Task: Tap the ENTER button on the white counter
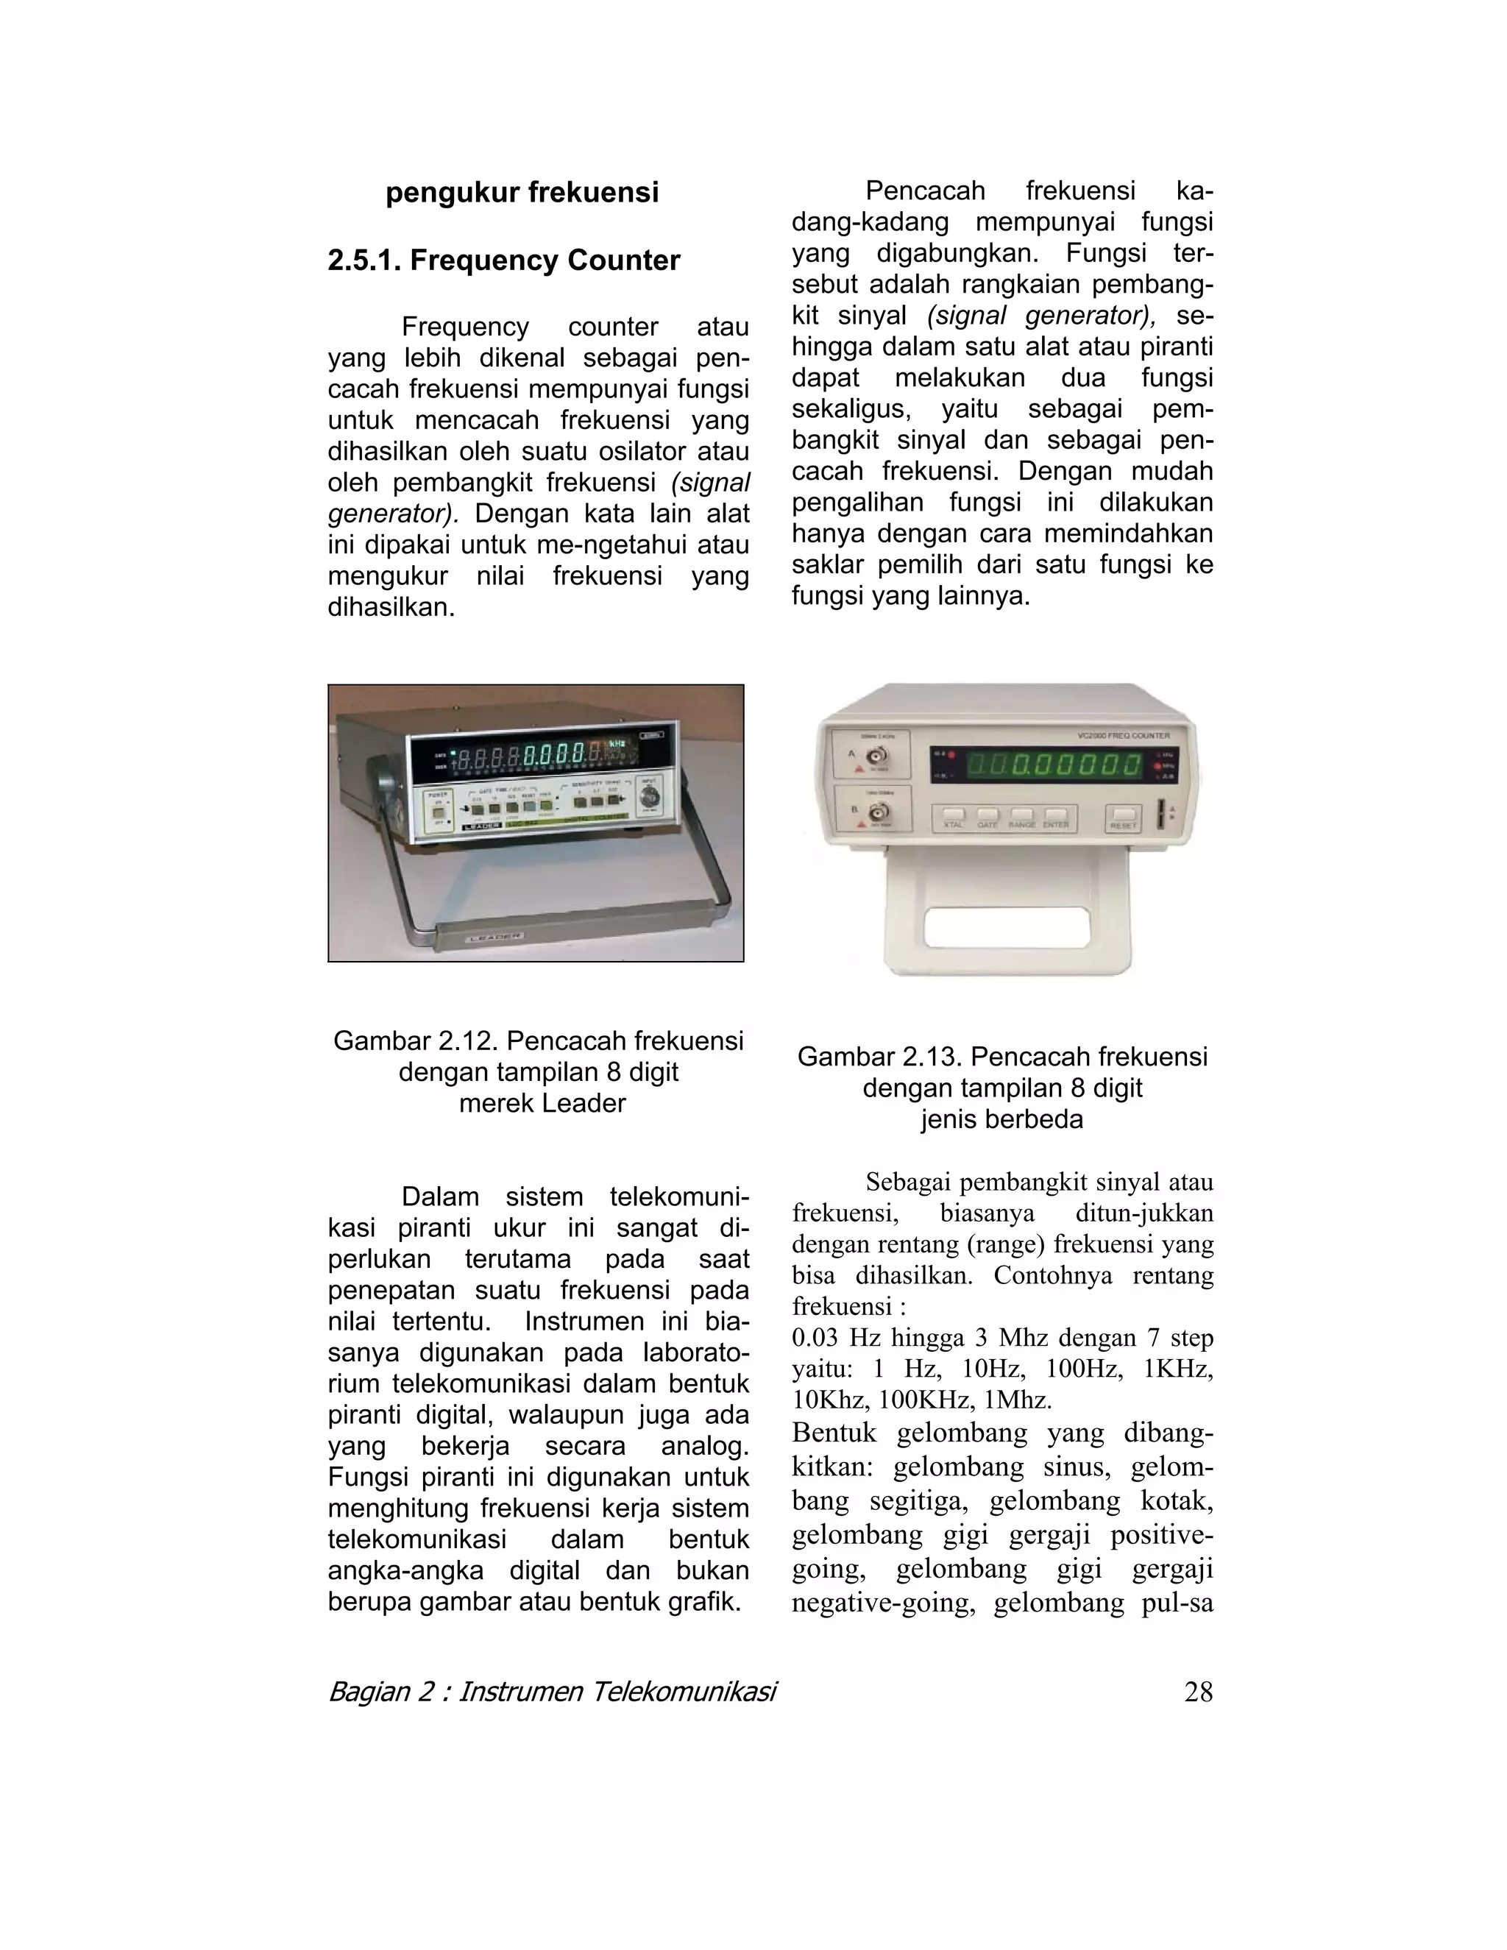coord(1056,815)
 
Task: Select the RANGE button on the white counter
coord(1022,815)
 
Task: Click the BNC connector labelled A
coord(879,757)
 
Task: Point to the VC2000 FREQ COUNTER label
coord(1123,736)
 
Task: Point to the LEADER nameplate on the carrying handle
coord(494,937)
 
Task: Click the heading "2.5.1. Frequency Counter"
coord(503,260)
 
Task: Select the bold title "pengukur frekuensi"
coord(522,193)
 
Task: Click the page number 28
coord(1198,1692)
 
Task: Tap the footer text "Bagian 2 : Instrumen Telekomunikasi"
coord(552,1692)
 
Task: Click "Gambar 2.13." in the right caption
coord(879,1057)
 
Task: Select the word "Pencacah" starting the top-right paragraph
coord(925,191)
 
